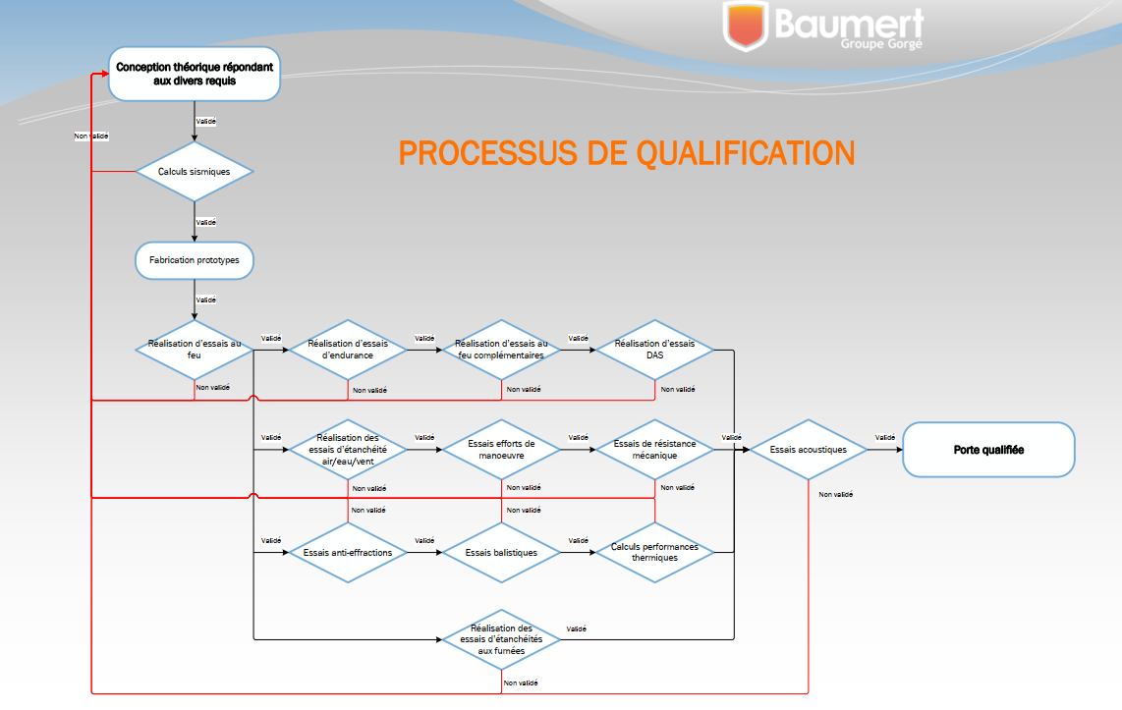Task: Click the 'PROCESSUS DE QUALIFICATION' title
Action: [626, 153]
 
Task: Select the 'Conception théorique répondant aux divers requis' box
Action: [195, 74]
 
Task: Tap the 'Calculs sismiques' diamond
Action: [195, 171]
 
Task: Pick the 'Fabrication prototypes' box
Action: [195, 260]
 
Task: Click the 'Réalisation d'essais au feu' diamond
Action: [195, 350]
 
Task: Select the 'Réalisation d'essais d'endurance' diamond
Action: [348, 350]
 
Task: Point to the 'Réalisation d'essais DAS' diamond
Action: [654, 350]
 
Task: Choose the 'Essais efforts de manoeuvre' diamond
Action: [501, 450]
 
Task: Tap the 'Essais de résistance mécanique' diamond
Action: [654, 450]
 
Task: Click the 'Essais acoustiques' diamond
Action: [808, 450]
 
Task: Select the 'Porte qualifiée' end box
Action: [988, 450]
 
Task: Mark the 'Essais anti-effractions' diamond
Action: [348, 552]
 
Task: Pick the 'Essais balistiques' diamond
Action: [501, 552]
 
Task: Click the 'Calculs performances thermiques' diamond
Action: [654, 552]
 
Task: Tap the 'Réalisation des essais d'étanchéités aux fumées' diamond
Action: [501, 639]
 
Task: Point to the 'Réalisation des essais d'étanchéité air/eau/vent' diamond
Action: [348, 450]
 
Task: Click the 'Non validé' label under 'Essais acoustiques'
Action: [835, 494]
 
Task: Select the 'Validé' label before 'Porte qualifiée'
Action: [884, 437]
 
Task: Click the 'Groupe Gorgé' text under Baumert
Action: [880, 44]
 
